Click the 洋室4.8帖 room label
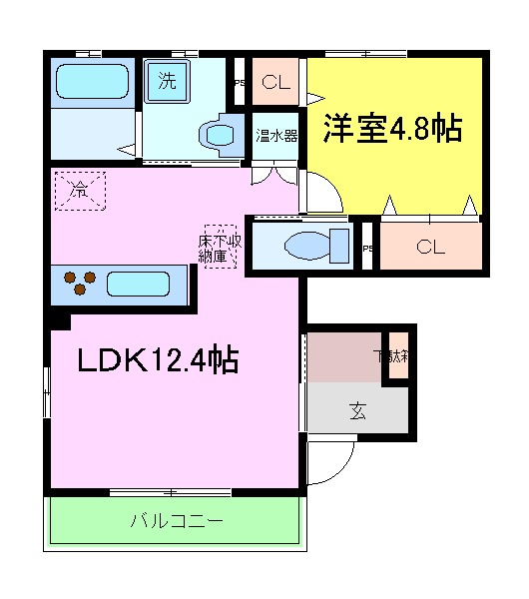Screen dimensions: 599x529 tap(391, 130)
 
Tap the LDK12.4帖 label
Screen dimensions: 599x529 tap(158, 359)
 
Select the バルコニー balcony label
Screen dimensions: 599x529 tap(176, 521)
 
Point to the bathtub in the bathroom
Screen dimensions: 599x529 tap(93, 81)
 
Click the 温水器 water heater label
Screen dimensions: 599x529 tap(276, 135)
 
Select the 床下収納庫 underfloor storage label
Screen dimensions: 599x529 tap(220, 246)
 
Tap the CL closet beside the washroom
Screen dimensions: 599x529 tap(276, 84)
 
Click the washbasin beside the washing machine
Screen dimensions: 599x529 tap(218, 134)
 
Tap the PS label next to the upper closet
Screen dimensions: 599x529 tap(239, 84)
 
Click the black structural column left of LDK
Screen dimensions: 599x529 tap(57, 318)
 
